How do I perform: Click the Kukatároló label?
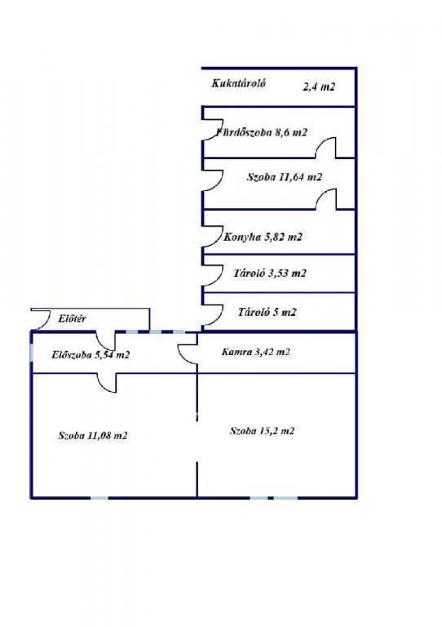pyautogui.click(x=238, y=83)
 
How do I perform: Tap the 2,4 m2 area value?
pyautogui.click(x=319, y=87)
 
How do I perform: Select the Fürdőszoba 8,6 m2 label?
pyautogui.click(x=262, y=132)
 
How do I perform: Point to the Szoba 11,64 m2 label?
pyautogui.click(x=285, y=176)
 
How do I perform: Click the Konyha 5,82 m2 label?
pyautogui.click(x=263, y=237)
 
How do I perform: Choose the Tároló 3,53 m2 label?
pyautogui.click(x=270, y=273)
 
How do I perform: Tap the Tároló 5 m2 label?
pyautogui.click(x=267, y=312)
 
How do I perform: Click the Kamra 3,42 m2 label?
pyautogui.click(x=255, y=353)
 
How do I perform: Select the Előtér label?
pyautogui.click(x=72, y=319)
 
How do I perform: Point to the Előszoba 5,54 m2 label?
pyautogui.click(x=91, y=354)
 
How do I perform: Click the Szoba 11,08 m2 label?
pyautogui.click(x=93, y=435)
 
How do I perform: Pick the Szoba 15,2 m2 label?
pyautogui.click(x=262, y=431)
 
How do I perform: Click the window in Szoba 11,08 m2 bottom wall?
pyautogui.click(x=99, y=498)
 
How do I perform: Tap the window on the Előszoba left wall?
pyautogui.click(x=32, y=352)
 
